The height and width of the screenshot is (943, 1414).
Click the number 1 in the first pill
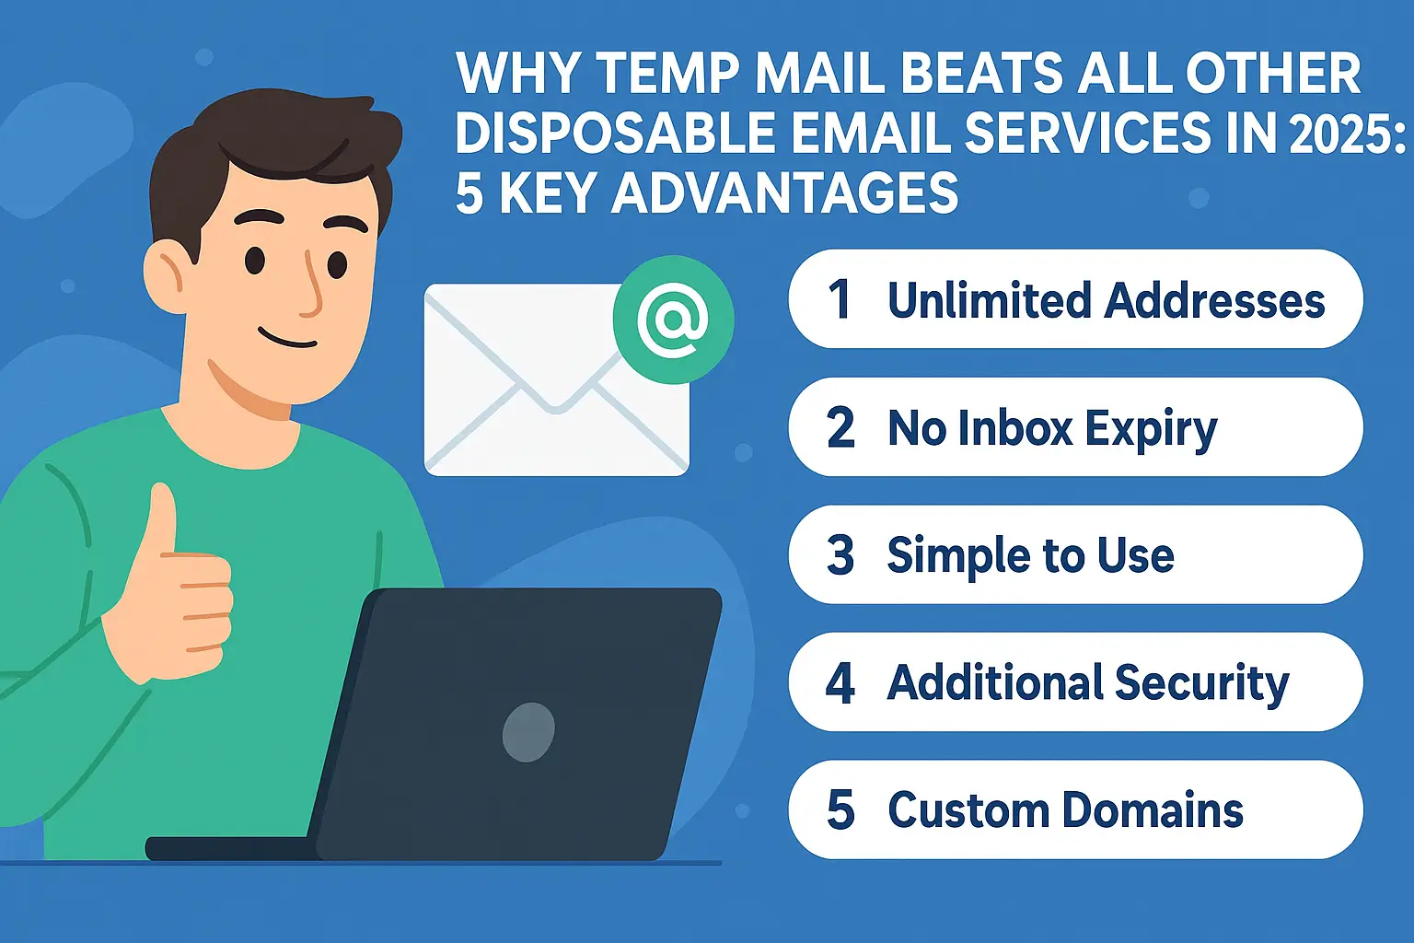[x=839, y=299]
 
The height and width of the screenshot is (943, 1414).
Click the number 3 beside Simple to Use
[x=840, y=555]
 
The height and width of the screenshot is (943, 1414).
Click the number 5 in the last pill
[x=840, y=810]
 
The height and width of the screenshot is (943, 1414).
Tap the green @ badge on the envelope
[x=673, y=320]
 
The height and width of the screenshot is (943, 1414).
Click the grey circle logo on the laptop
[x=528, y=731]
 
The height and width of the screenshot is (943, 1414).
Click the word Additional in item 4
[x=993, y=683]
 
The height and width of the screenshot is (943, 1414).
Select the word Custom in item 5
[x=967, y=810]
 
